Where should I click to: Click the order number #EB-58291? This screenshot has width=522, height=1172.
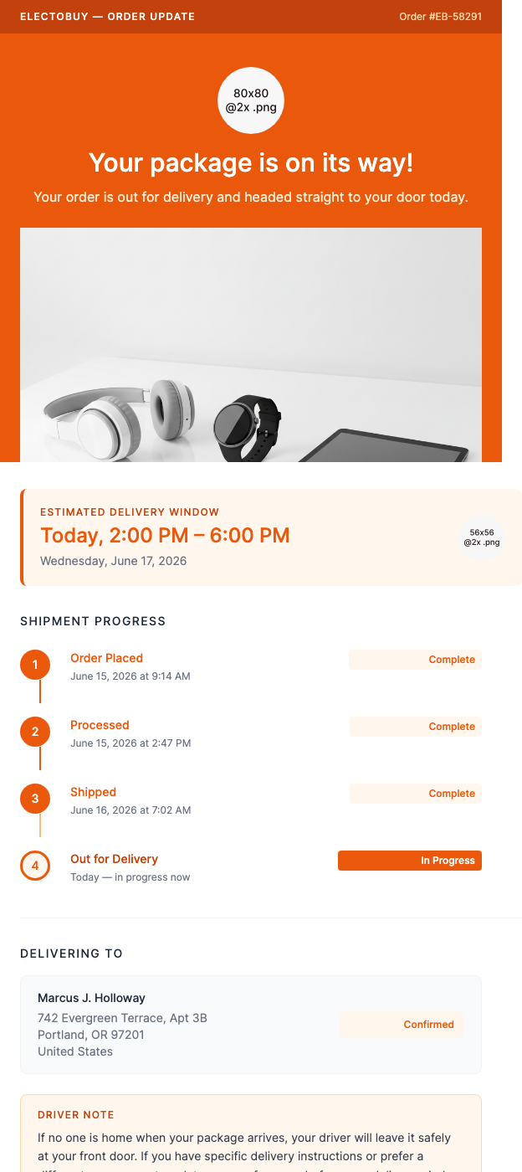440,17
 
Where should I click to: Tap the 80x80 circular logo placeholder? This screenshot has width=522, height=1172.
251,100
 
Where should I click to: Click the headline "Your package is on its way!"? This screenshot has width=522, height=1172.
251,162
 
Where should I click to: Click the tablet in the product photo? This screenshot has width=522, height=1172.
393,448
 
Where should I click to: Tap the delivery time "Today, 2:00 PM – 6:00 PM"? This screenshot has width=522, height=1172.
165,536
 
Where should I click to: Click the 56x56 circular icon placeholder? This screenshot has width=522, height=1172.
482,537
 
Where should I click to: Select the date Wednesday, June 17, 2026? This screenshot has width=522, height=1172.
114,561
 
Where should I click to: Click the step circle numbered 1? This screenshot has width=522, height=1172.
35,666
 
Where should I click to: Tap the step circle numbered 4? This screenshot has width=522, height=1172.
35,866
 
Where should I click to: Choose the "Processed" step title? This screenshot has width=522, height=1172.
100,725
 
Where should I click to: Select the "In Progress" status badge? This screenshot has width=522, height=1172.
410,861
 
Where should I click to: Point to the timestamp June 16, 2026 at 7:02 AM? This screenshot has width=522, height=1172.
130,810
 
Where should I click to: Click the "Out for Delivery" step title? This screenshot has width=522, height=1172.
114,859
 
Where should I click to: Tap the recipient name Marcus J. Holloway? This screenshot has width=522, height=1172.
91,998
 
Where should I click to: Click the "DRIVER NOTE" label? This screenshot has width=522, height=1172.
76,1115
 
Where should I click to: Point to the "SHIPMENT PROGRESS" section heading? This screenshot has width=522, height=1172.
93,621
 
